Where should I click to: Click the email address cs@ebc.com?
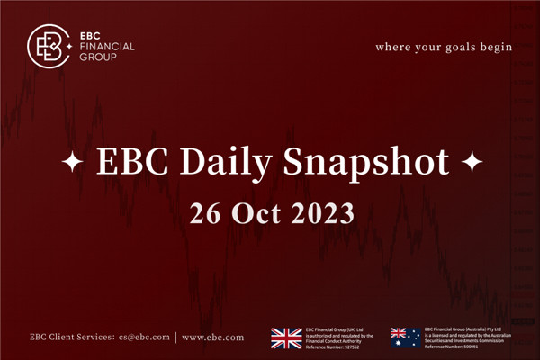pos(143,337)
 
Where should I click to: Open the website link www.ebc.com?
pos(212,337)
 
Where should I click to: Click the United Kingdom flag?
pos(287,337)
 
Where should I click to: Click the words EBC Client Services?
pos(68,337)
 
